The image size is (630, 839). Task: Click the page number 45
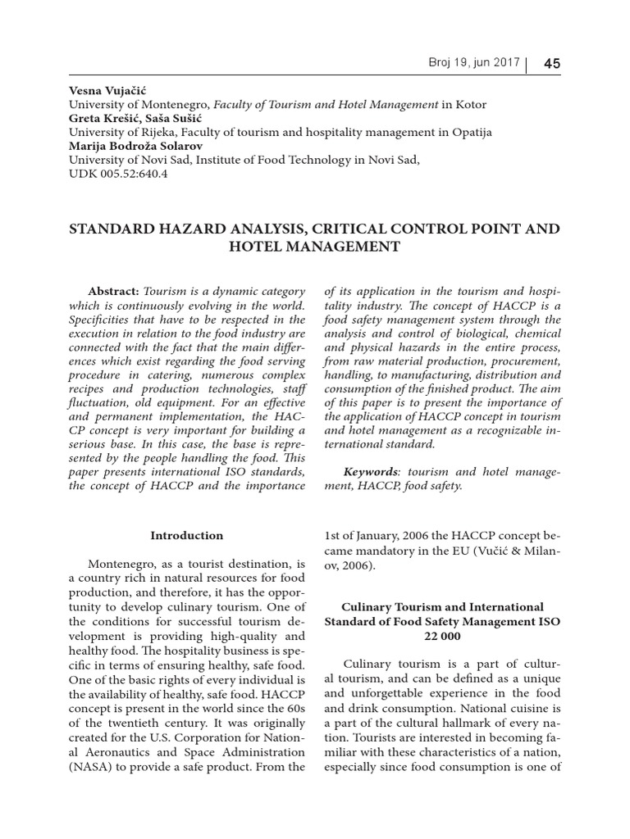coord(551,65)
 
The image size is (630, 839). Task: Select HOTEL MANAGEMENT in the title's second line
coord(315,247)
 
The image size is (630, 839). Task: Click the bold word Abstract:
coord(114,292)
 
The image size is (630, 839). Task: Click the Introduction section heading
coord(186,536)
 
